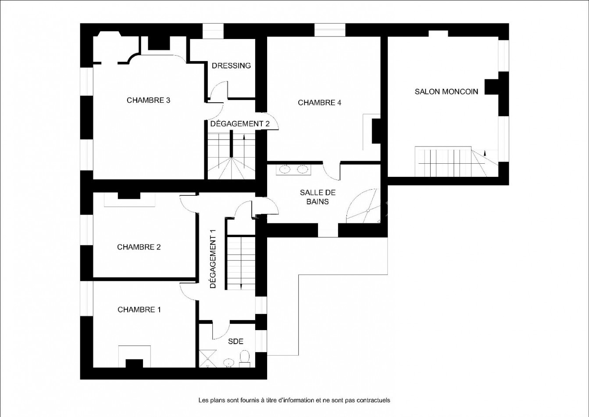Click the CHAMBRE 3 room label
point(148,100)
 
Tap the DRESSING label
point(231,65)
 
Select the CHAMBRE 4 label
point(319,103)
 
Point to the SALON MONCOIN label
point(446,92)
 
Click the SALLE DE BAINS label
point(318,197)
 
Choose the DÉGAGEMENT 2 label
point(240,124)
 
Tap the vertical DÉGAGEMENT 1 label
point(213,259)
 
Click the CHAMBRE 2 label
point(139,247)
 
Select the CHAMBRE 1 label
point(139,309)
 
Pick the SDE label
point(236,342)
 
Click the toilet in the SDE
point(245,359)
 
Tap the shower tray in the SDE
point(208,359)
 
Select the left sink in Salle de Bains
point(284,169)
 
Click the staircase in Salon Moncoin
point(457,162)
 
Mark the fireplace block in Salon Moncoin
point(492,87)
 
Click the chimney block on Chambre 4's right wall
point(376,131)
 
